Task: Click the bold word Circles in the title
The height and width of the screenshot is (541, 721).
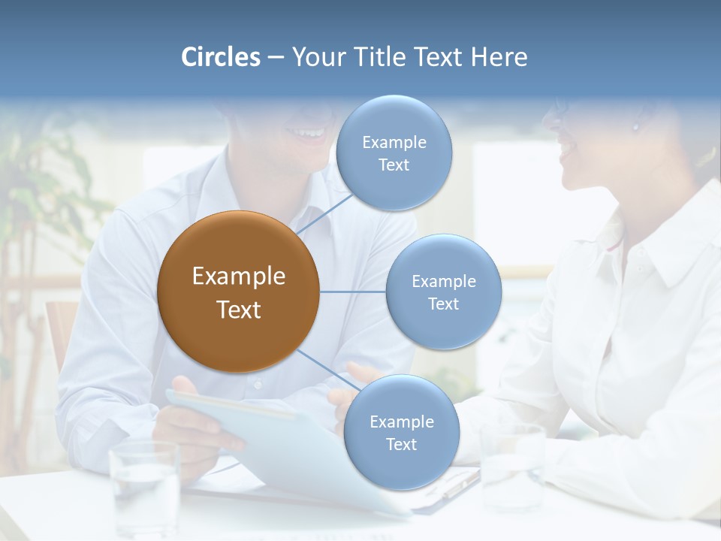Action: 220,57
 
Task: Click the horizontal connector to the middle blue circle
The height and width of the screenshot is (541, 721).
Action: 352,292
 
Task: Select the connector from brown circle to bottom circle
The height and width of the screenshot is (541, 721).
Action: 329,370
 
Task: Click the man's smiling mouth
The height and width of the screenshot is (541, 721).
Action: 308,134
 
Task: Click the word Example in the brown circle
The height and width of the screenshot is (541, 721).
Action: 238,277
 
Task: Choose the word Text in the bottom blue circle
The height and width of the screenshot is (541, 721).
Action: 401,445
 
